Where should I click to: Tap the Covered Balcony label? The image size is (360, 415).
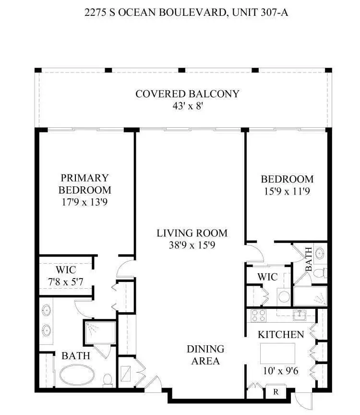click(x=187, y=94)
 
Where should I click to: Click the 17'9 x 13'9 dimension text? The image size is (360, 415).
click(x=84, y=202)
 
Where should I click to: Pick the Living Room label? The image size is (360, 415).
click(x=192, y=233)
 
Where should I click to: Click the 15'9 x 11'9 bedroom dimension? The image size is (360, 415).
click(x=287, y=192)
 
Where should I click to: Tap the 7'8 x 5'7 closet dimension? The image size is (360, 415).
click(x=65, y=282)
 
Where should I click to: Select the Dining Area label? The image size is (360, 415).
click(x=205, y=355)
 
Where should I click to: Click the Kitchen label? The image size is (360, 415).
click(x=281, y=334)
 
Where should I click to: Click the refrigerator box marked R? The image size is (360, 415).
click(x=276, y=391)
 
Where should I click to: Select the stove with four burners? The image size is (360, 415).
click(x=258, y=316)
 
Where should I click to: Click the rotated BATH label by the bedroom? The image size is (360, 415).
click(x=308, y=259)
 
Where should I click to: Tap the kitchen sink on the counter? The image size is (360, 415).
click(x=300, y=315)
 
